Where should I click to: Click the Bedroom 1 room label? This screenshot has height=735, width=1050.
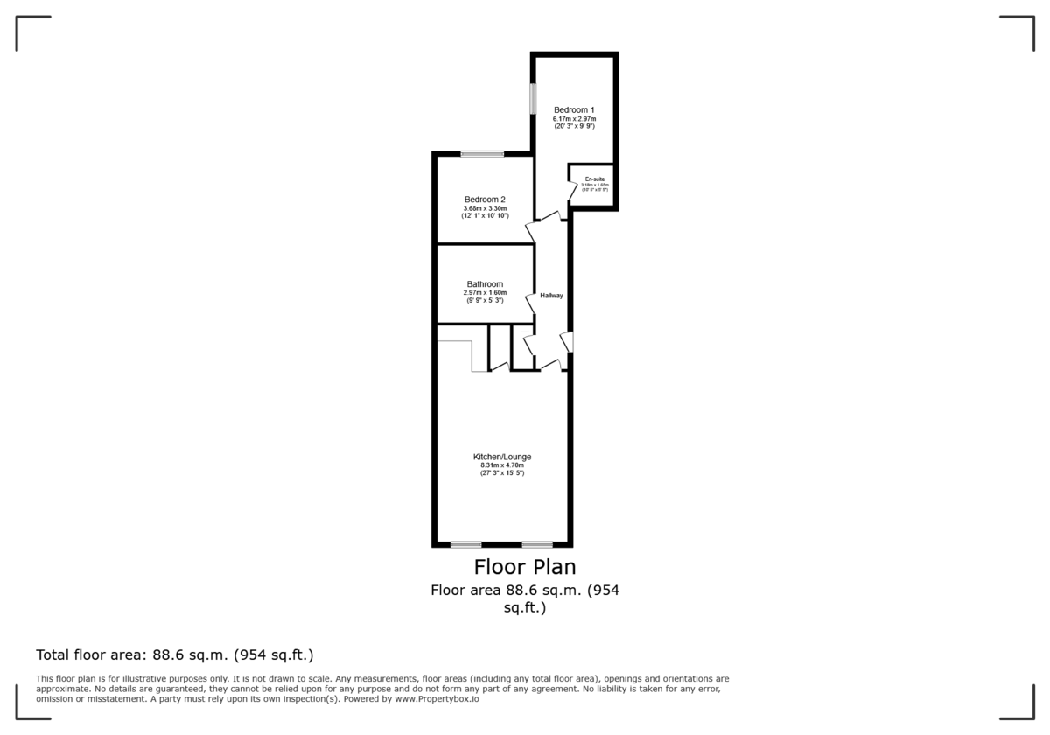pos(574,109)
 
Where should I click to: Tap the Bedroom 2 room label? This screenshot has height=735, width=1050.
pos(485,199)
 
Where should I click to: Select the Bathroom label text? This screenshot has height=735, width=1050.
pos(485,284)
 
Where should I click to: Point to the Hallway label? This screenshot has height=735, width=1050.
pos(551,296)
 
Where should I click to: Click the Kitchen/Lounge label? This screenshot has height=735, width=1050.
pos(502,457)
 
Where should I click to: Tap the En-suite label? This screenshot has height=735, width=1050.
pos(595,179)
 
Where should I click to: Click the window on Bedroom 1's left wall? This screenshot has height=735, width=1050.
pos(532,97)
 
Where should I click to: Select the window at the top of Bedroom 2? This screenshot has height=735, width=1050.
pos(483,154)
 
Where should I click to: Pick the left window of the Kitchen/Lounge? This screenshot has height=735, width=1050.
pos(466,544)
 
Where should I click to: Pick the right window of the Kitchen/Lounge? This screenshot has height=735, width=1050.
pos(537,544)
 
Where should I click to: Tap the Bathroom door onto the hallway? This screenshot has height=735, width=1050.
pos(530,303)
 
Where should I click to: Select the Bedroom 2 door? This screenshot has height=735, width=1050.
pos(530,231)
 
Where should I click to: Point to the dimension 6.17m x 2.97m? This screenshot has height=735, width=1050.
pos(574,119)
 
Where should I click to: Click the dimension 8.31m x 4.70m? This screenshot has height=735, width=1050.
pos(502,465)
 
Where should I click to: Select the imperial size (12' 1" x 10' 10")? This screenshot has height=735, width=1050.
pos(485,216)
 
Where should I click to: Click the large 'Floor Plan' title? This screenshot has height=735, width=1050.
pos(525,567)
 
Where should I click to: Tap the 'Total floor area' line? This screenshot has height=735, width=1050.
pos(174,654)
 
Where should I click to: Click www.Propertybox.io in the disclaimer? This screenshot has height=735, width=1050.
pos(437,699)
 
